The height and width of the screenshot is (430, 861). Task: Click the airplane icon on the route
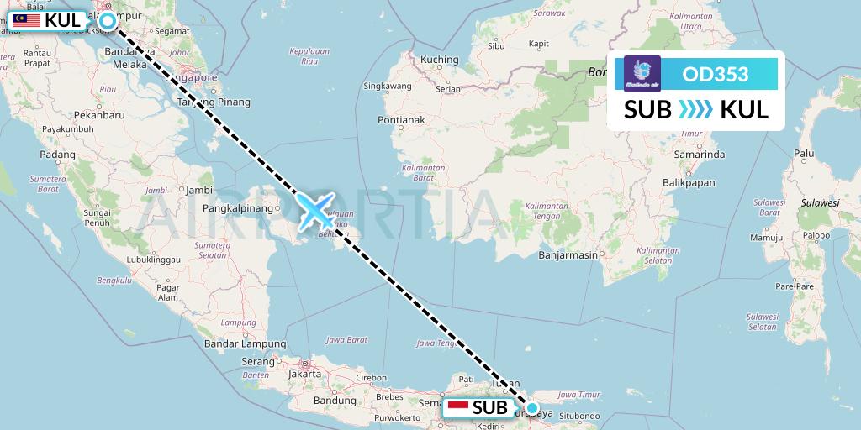(315, 211)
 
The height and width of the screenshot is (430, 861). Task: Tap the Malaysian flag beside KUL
(27, 19)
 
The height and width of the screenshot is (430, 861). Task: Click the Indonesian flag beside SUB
(458, 408)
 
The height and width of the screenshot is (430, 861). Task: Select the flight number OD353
(716, 74)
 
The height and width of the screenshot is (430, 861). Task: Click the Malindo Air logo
(643, 74)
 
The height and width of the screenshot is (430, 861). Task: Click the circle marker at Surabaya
(531, 409)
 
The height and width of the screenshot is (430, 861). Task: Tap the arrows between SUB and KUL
(695, 109)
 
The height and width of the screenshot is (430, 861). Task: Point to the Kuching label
(440, 60)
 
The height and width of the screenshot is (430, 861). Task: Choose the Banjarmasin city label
(568, 254)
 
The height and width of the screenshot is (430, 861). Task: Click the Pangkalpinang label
(240, 207)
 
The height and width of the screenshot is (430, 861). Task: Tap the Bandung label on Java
(311, 400)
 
